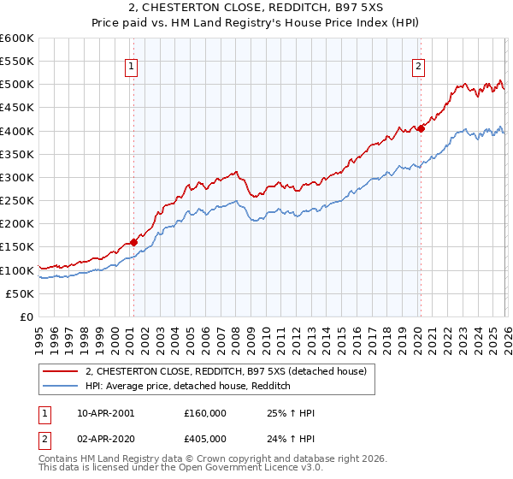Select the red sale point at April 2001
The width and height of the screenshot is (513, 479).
pyautogui.click(x=133, y=243)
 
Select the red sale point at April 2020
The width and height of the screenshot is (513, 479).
pyautogui.click(x=421, y=129)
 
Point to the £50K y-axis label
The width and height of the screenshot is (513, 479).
pyautogui.click(x=21, y=293)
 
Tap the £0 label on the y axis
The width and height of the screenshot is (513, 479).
pyautogui.click(x=27, y=316)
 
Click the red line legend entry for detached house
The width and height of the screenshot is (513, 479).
pyautogui.click(x=227, y=371)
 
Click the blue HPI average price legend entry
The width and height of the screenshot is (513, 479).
pyautogui.click(x=189, y=386)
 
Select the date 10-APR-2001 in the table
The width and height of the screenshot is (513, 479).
pyautogui.click(x=105, y=413)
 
